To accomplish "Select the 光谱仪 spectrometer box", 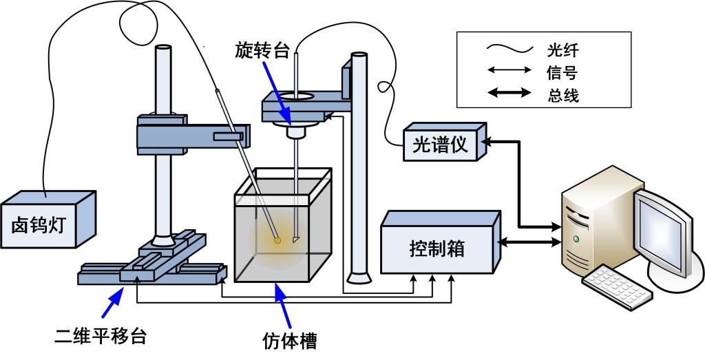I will coord(440,145).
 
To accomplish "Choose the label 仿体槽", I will coord(290,340).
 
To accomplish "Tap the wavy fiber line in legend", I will coord(509,49).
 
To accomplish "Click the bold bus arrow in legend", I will coord(509,94).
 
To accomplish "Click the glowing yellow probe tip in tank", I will coord(277,240).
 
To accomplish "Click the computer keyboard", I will coord(616,286).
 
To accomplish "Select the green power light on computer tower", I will coord(576,239).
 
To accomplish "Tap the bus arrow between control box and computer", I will coord(530,242).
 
